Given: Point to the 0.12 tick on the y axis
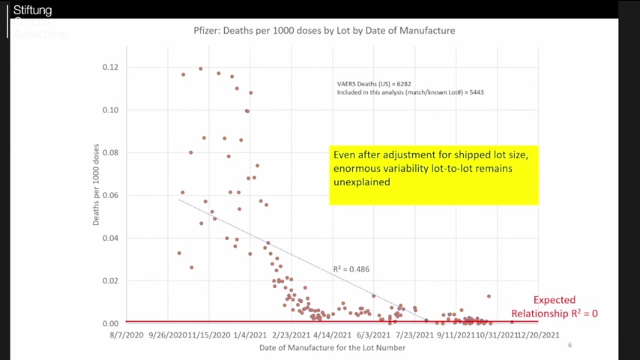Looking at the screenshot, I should (110, 67).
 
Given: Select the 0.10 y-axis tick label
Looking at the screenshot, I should (110, 110).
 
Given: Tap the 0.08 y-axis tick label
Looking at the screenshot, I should (110, 153).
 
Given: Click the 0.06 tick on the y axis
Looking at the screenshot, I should (110, 196).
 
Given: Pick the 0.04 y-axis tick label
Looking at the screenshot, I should (110, 238).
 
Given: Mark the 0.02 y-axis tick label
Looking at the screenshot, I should (110, 280).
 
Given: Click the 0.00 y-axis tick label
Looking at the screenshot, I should (110, 323).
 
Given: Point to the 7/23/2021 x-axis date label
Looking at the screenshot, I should (410, 336).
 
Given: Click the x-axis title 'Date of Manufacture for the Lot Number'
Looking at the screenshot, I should (332, 348).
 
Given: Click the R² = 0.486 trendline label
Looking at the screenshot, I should (351, 268).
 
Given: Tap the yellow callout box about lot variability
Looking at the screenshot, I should (433, 174).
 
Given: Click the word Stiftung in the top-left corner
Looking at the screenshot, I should (32, 10).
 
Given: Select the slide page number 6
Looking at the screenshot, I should (570, 345).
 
